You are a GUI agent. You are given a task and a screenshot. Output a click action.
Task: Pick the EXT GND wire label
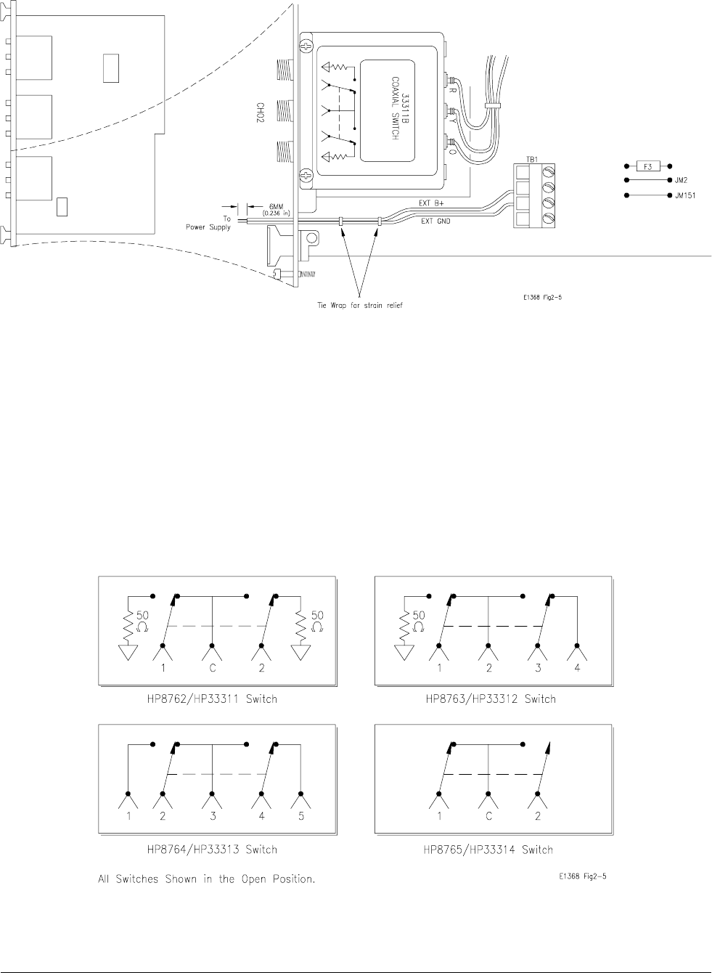(x=435, y=221)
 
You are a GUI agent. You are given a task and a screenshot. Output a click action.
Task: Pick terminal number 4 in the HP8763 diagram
(x=577, y=667)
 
